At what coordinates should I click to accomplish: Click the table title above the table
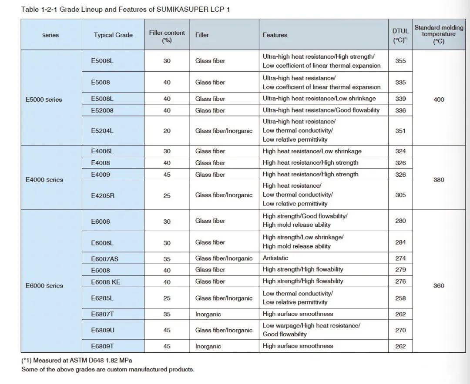[125, 10]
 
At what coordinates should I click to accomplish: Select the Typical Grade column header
[113, 35]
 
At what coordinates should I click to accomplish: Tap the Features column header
[275, 35]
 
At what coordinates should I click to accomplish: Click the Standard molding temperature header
[439, 34]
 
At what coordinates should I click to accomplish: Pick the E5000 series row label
[44, 99]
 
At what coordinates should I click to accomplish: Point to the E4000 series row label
[44, 179]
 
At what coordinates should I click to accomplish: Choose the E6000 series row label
[44, 285]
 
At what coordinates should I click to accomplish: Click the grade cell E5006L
[102, 61]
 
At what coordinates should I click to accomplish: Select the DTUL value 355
[400, 61]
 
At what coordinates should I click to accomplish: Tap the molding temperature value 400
[439, 99]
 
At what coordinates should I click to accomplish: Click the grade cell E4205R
[103, 195]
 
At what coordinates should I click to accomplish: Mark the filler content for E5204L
[167, 131]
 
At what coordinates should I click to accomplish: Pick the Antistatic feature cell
[273, 258]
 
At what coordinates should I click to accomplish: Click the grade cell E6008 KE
[105, 281]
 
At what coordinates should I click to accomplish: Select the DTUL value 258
[400, 298]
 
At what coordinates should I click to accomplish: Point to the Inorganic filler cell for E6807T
[208, 314]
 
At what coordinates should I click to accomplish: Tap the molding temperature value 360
[439, 286]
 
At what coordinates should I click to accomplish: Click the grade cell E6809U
[103, 330]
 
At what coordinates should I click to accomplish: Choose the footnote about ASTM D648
[77, 361]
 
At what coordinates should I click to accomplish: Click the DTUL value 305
[400, 195]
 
